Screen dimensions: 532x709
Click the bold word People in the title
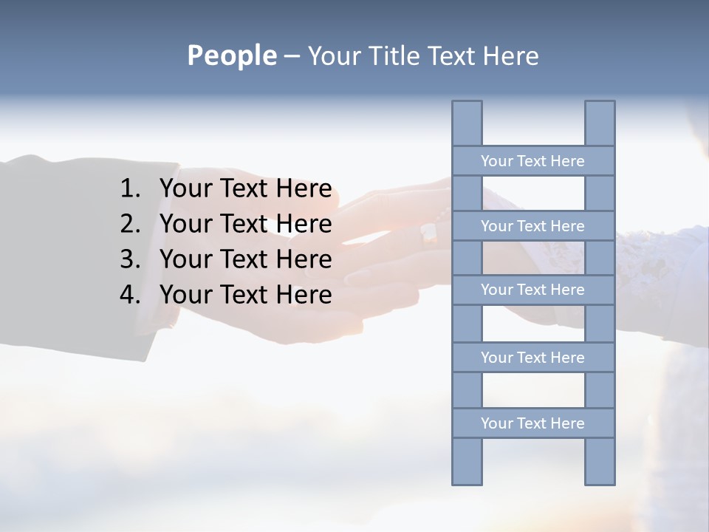[x=231, y=56]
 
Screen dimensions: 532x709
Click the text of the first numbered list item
[x=245, y=189]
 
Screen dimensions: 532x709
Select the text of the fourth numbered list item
[x=245, y=295]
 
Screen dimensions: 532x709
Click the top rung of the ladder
[x=532, y=161]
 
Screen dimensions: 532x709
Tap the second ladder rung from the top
[x=532, y=226]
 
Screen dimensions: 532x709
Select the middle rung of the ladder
[x=532, y=290]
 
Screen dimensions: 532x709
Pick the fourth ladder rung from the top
[x=532, y=358]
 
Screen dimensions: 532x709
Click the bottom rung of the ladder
[x=532, y=423]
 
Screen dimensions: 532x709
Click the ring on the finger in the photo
[x=429, y=234]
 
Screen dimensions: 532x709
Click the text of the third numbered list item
[x=245, y=259]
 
